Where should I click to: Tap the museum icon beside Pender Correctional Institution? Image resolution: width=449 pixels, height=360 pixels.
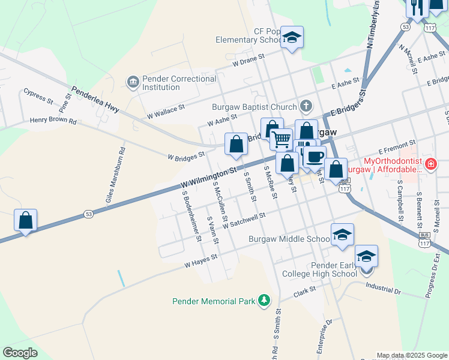133,81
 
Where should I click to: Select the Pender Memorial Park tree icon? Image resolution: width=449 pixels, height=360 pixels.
264,301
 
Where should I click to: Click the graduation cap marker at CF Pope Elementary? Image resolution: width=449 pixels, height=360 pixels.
292,38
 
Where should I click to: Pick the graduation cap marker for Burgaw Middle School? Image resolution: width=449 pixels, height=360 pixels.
342,235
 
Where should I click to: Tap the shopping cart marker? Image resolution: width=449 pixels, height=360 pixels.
281,139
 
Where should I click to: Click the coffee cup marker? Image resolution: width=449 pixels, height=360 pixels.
315,157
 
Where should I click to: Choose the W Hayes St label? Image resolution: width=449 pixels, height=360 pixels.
200,260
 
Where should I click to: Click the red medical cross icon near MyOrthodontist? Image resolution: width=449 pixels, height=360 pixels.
430,163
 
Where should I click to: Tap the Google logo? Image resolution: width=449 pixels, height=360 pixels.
20,353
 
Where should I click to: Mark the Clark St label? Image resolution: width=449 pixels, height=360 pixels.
305,293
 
